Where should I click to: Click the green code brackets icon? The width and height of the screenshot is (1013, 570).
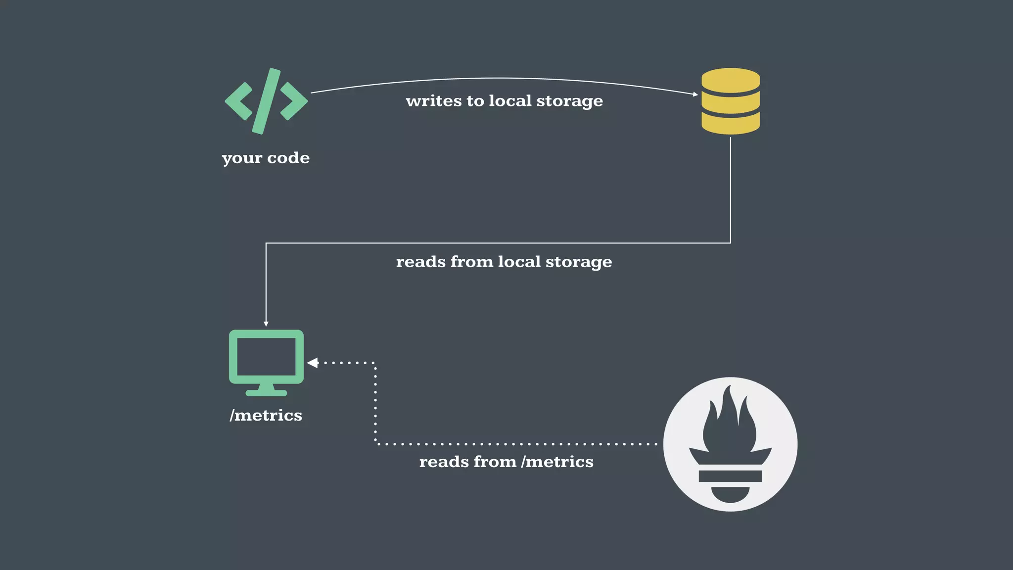(266, 101)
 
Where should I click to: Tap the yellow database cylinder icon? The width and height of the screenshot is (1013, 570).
(731, 101)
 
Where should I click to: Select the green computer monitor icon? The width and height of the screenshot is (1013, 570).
(266, 362)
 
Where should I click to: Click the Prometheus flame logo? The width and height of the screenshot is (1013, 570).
(730, 444)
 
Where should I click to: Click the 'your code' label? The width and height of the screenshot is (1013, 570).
(266, 158)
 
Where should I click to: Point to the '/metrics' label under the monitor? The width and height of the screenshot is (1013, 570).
(266, 415)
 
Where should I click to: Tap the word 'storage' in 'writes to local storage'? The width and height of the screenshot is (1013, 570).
(570, 101)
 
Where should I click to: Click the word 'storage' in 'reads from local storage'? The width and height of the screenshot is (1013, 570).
(579, 262)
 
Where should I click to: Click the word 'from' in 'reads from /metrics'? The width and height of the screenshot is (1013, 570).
(488, 462)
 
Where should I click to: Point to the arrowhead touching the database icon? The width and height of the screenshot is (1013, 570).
(695, 94)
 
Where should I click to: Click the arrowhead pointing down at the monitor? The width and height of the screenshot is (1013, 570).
(266, 324)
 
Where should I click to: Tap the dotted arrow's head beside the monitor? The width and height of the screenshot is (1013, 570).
(312, 363)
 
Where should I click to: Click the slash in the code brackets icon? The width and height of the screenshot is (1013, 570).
(266, 101)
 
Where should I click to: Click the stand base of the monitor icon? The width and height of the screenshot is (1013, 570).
(266, 392)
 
